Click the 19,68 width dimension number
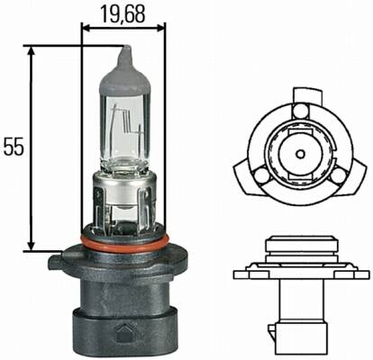tap(123, 14)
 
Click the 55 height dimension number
tap(14, 147)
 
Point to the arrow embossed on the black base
tap(123, 332)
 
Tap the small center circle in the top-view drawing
tap(300, 154)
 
